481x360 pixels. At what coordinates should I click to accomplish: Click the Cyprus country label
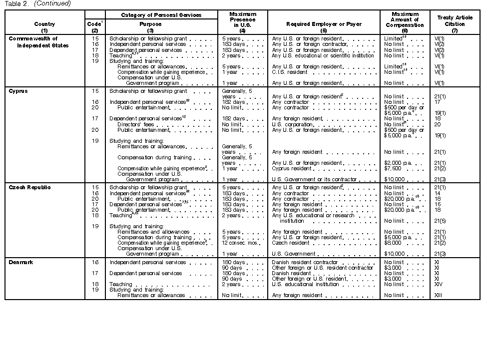18,91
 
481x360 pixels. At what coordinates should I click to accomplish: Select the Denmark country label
21,262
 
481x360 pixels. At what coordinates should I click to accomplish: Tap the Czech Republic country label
30,187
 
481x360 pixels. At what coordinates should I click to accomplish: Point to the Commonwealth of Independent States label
38,42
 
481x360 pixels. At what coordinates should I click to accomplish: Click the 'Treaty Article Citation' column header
455,20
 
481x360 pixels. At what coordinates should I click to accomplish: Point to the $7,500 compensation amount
393,168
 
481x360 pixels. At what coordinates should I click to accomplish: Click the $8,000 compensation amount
393,243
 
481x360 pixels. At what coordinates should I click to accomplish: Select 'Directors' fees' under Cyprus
136,124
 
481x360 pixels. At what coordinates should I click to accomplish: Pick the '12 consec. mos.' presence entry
240,243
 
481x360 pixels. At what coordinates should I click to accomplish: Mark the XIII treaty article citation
440,295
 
